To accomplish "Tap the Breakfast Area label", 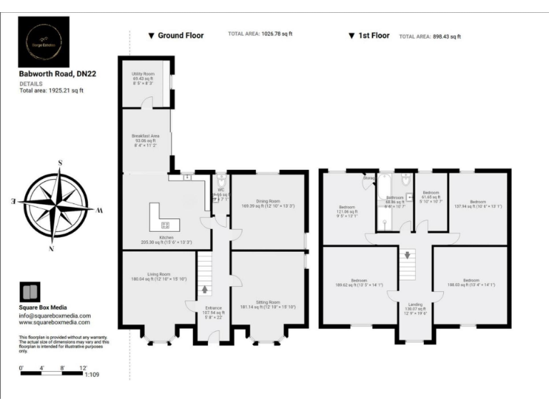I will tap(145, 136).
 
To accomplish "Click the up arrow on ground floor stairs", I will tap(205, 290).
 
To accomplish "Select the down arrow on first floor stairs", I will tap(408, 255).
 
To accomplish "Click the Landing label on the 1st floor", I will tap(415, 304).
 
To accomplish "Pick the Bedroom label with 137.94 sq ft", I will tap(478, 202).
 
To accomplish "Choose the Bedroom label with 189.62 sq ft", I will tap(359, 280).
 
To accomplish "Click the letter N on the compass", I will tap(51, 249).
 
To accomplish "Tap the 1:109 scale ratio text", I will tap(91, 374).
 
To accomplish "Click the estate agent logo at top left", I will tap(44, 41).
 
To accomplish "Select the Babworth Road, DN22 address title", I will tap(50, 73).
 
